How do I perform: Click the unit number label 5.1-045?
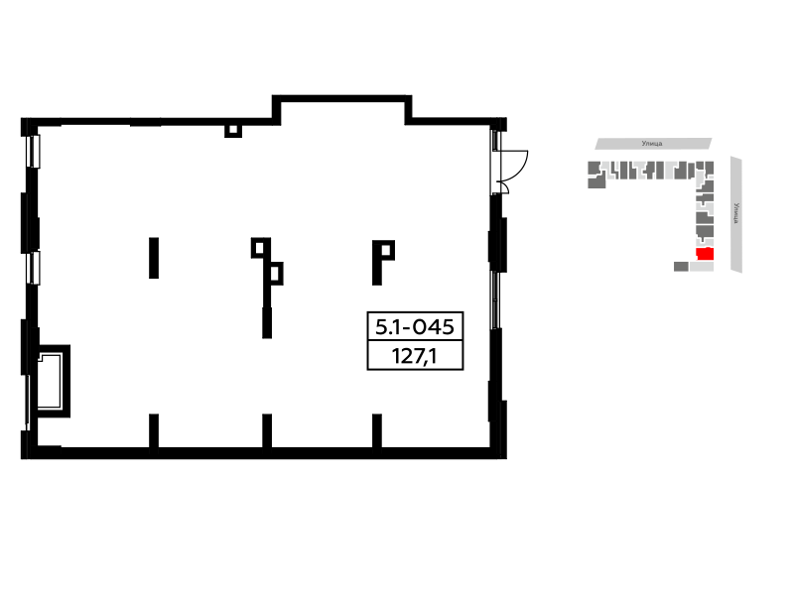coord(415,327)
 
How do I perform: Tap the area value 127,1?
coord(414,356)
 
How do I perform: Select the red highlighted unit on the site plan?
coord(705,254)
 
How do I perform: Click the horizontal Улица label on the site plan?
coord(652,144)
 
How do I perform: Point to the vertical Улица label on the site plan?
coord(736,213)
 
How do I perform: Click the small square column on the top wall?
coord(233,131)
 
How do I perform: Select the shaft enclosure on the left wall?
coord(54,381)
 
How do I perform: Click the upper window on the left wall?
coord(34,152)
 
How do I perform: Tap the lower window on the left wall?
coord(34,268)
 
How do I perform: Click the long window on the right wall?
coord(495,300)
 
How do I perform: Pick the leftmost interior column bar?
coord(154,258)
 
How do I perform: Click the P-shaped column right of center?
coord(383,263)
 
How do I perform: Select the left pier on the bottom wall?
coord(154,430)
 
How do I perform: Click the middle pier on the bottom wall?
coord(267,430)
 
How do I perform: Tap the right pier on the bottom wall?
coord(377,430)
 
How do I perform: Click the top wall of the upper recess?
coord(341,98)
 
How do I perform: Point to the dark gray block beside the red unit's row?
coord(681,266)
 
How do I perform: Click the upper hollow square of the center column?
coord(260,248)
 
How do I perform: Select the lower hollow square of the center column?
coord(275,274)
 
